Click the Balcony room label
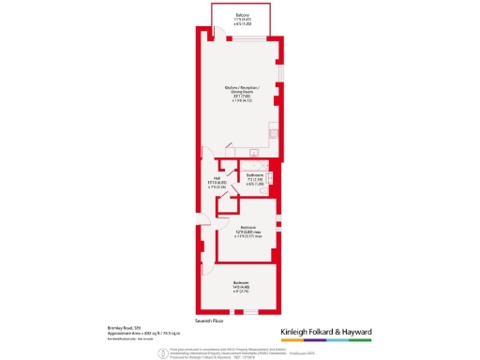pyautogui.click(x=243, y=14)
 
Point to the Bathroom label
pyautogui.click(x=253, y=175)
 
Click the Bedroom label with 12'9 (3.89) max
pyautogui.click(x=247, y=227)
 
